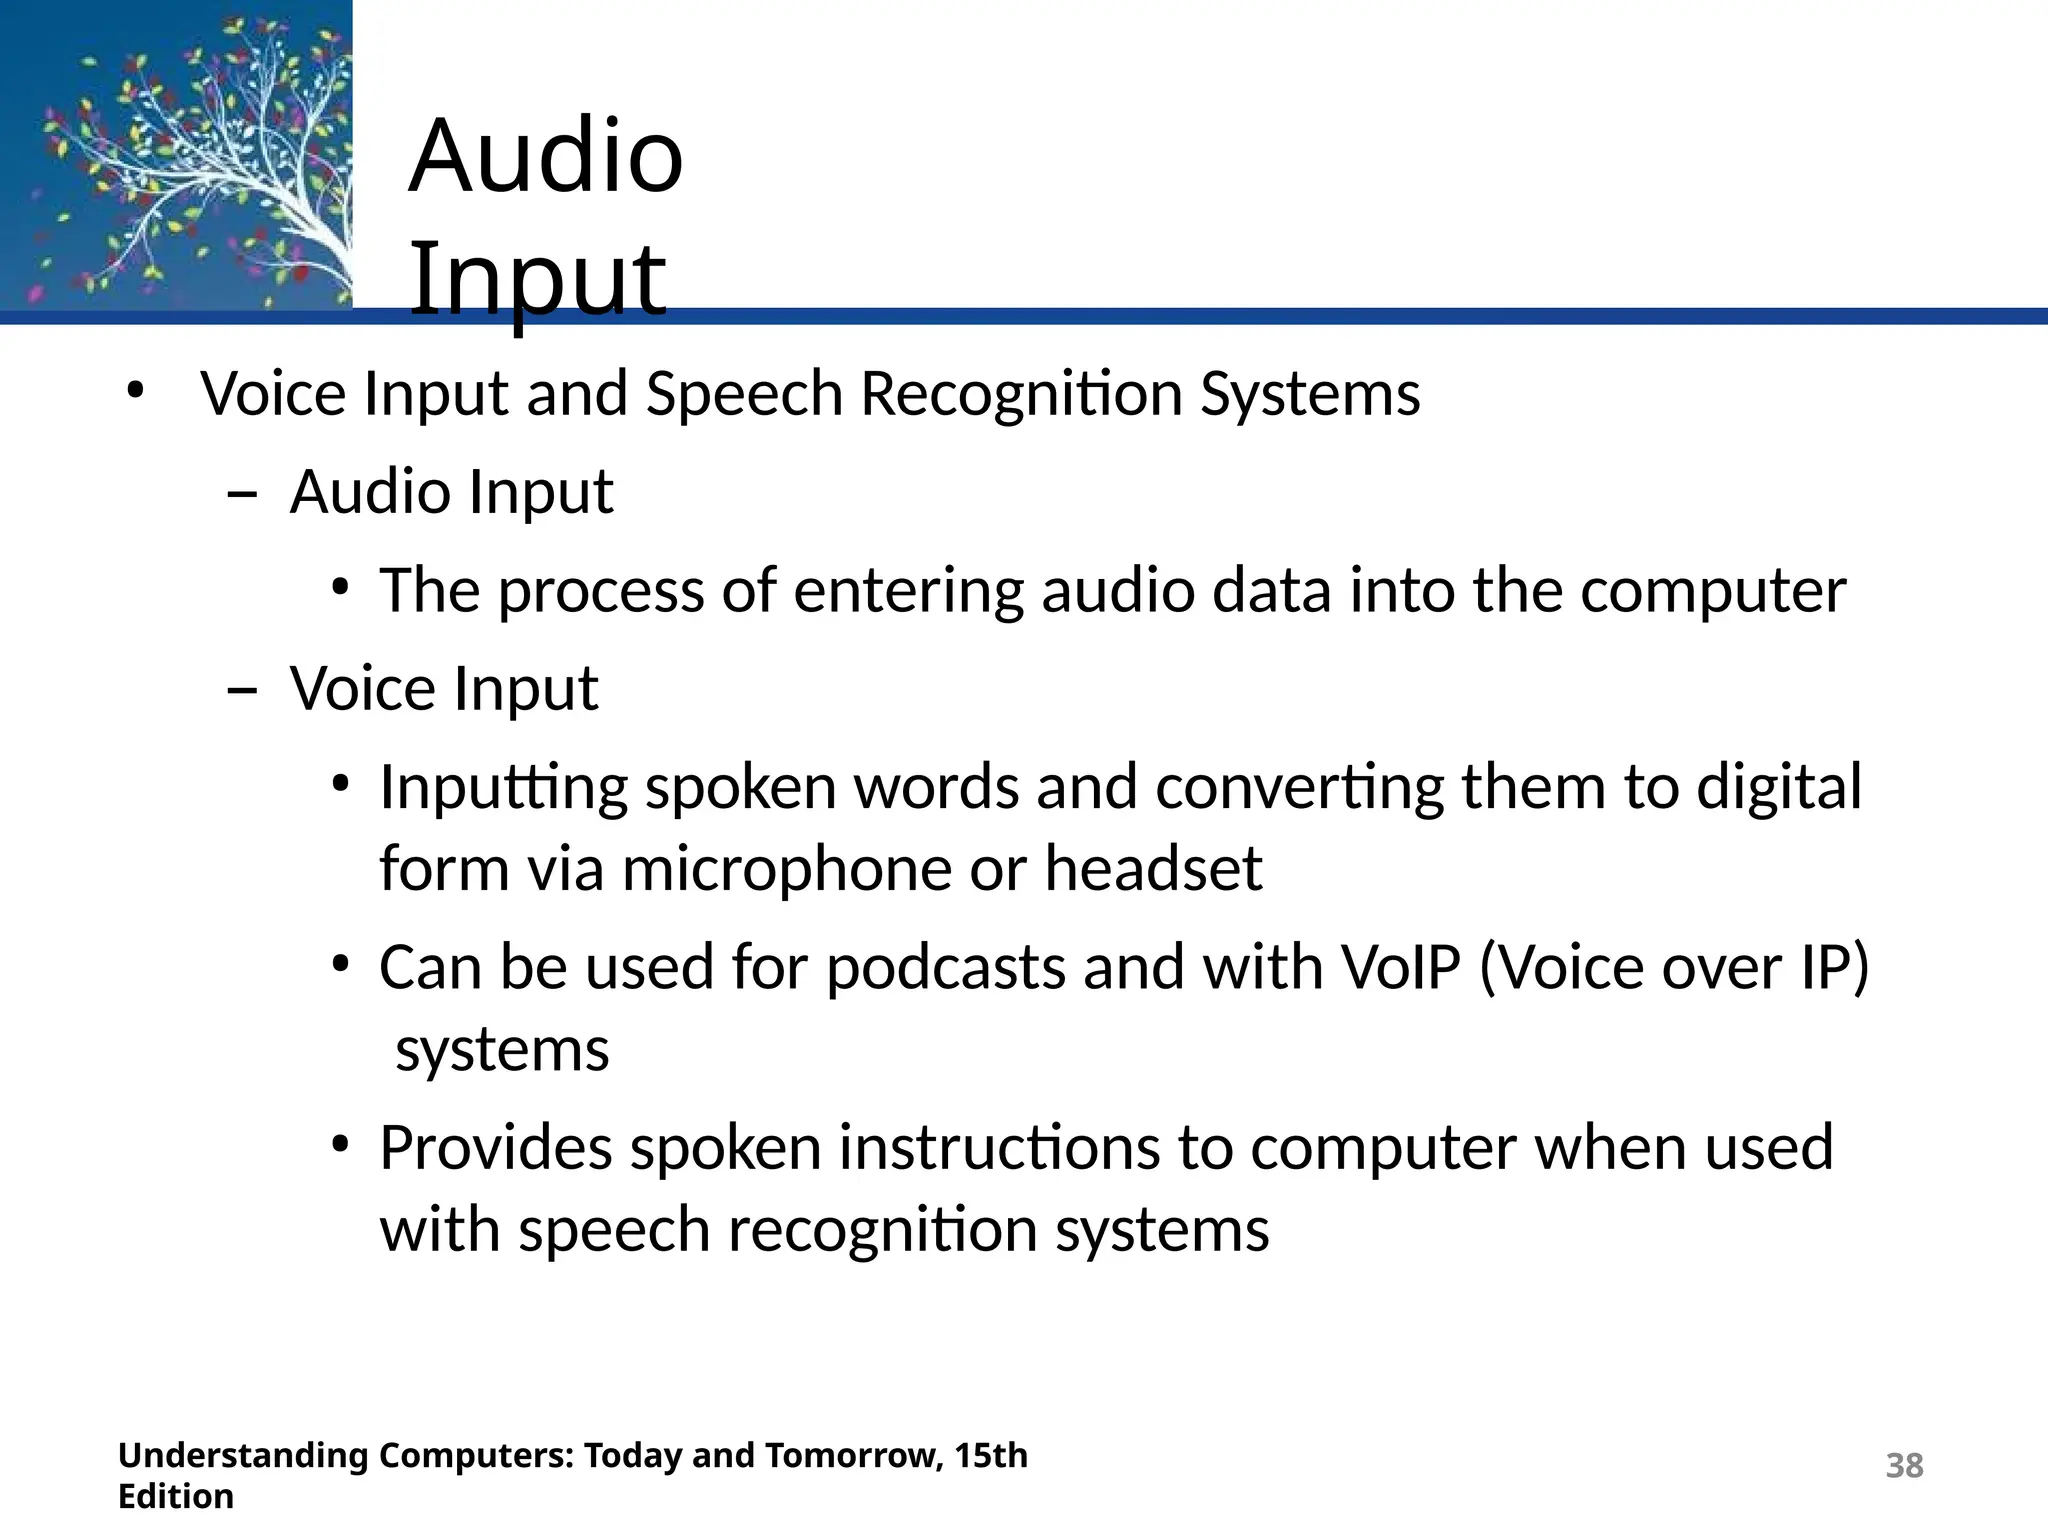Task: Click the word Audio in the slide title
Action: click(546, 156)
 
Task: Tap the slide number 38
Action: click(1904, 1465)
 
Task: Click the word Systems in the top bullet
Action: click(1310, 393)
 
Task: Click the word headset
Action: click(1153, 868)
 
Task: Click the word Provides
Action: click(496, 1148)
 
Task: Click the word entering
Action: click(908, 590)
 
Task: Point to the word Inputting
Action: click(503, 788)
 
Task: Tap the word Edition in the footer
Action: click(176, 1497)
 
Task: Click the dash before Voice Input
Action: click(242, 691)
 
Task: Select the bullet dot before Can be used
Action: click(341, 964)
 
